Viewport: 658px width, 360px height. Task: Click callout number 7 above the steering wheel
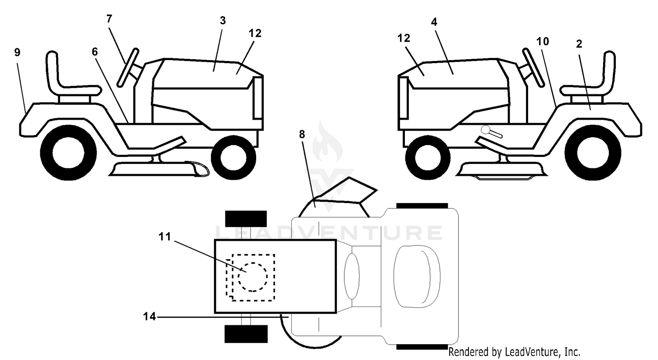pos(109,19)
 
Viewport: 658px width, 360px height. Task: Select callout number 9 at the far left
pos(18,53)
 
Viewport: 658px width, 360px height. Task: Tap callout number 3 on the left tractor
pos(223,21)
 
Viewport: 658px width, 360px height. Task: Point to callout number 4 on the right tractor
pos(434,22)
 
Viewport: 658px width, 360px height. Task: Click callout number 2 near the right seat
pos(579,44)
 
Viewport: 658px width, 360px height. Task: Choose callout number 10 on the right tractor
pos(543,41)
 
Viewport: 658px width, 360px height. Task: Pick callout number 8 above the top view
pos(302,134)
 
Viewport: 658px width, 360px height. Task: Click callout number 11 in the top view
pos(164,236)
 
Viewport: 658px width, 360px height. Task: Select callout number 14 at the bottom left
pos(149,316)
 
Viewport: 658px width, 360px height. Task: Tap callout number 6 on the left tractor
pos(95,52)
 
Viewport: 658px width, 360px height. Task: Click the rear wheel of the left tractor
pos(68,153)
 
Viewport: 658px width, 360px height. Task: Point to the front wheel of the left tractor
pos(233,158)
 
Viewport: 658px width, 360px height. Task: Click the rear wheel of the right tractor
pos(593,153)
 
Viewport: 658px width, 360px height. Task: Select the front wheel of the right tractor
pos(428,158)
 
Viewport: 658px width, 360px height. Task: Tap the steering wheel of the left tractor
pos(128,68)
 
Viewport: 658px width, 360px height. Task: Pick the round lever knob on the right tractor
pos(486,129)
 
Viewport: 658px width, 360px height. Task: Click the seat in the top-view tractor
pos(417,276)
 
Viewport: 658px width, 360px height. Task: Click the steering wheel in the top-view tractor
pos(352,276)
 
